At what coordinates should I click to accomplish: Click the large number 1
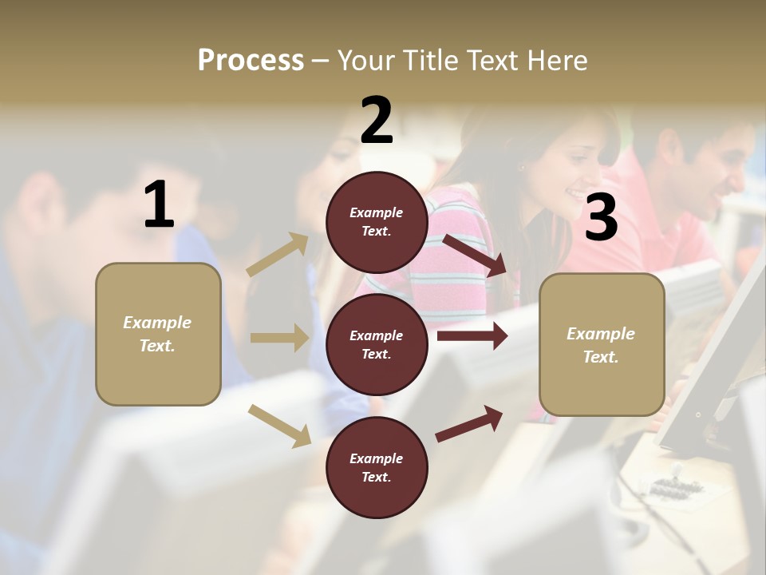159,205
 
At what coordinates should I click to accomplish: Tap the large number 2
377,120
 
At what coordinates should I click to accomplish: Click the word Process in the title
251,60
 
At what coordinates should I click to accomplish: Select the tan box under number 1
158,334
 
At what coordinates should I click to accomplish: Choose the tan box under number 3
602,345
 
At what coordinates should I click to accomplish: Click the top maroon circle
377,222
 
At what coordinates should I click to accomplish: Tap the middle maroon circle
377,344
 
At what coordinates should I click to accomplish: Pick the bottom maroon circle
377,467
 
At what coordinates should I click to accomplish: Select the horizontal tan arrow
279,338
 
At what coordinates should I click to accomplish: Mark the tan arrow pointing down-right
280,426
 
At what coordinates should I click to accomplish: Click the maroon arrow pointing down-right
475,256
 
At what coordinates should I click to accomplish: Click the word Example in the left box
157,323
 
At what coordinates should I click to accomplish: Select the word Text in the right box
600,357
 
